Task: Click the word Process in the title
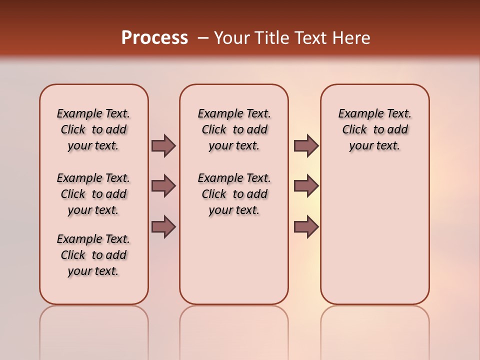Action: point(154,37)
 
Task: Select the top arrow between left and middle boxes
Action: point(163,146)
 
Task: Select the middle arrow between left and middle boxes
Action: point(163,186)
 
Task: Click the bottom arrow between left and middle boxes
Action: point(163,226)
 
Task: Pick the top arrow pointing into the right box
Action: point(306,146)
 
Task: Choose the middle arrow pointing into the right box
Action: point(306,186)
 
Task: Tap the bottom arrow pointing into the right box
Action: point(306,226)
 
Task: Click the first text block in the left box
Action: point(93,129)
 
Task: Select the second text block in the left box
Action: point(93,194)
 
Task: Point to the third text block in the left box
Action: point(93,255)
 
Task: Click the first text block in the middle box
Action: point(234,129)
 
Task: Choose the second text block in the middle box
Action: point(234,194)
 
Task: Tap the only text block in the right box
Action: point(374,129)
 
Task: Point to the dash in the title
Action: point(203,38)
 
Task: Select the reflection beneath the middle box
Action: point(234,330)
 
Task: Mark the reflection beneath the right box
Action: point(374,330)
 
